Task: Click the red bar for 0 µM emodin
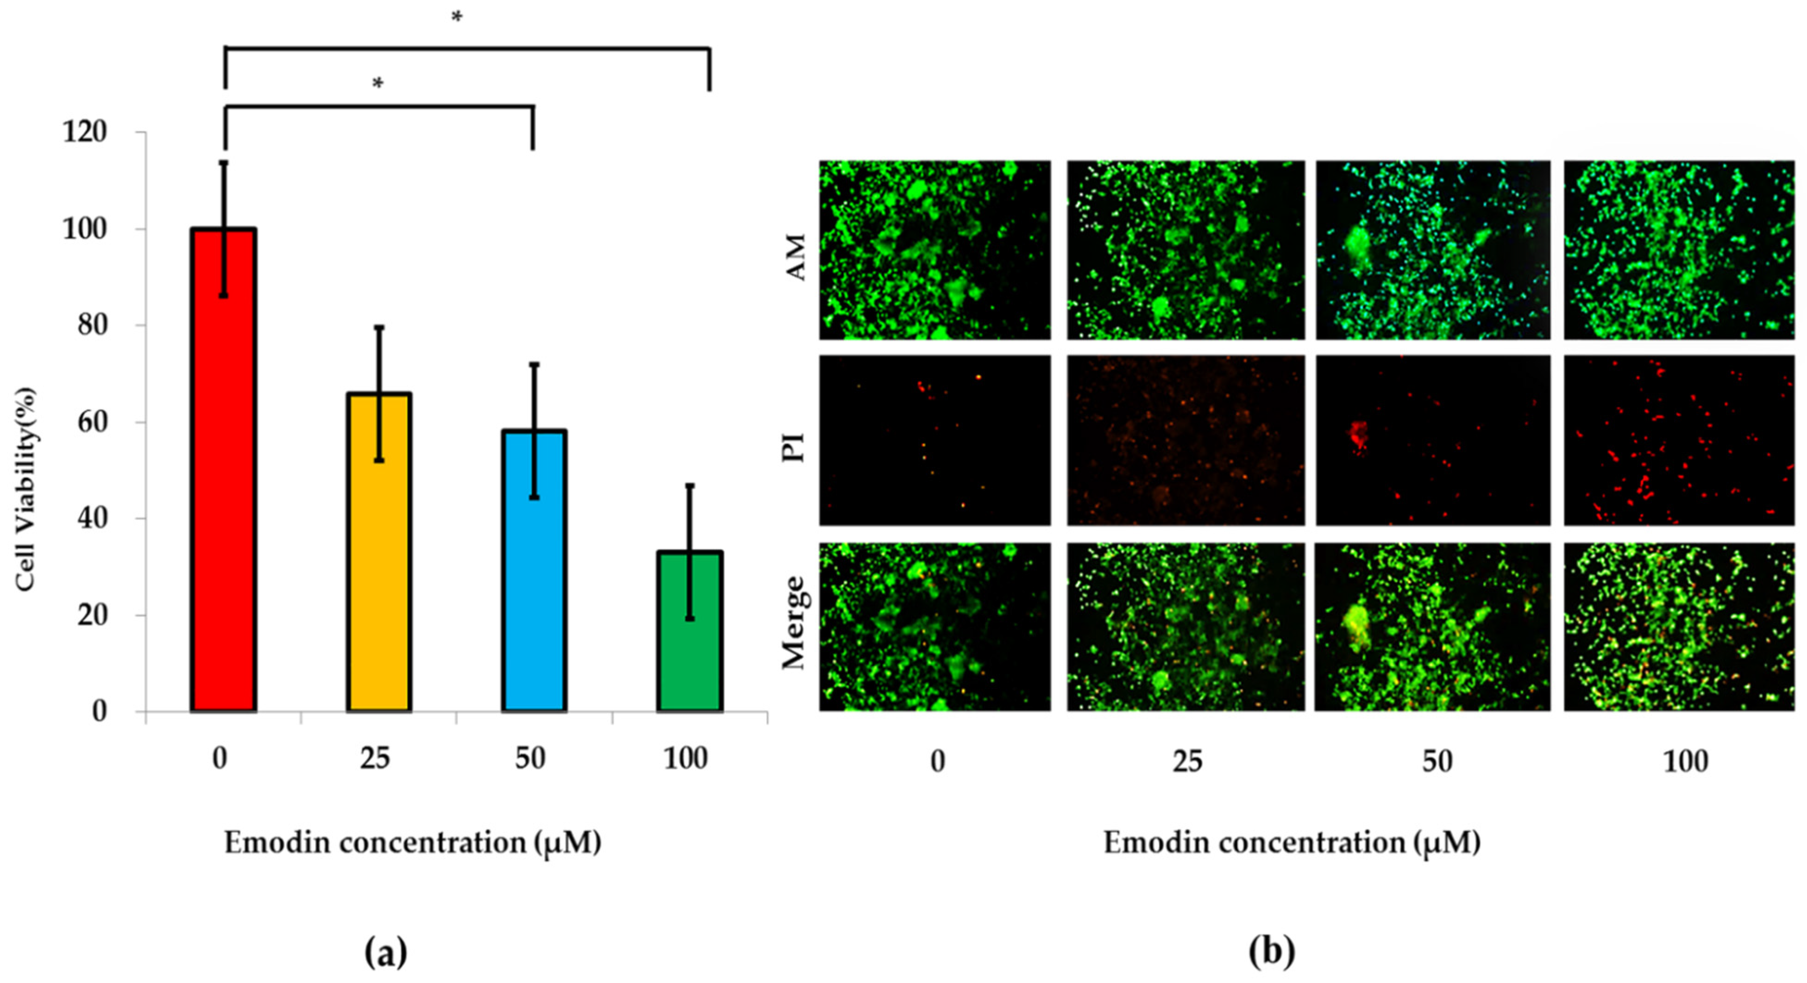(x=223, y=470)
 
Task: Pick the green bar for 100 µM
(x=690, y=631)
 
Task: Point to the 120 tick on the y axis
(x=85, y=132)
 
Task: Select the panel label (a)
(x=386, y=952)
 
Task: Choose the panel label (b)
(x=1271, y=952)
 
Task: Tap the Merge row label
(x=795, y=622)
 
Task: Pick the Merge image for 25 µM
(x=1186, y=626)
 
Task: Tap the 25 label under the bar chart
(x=375, y=759)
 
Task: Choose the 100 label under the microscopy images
(x=1685, y=761)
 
